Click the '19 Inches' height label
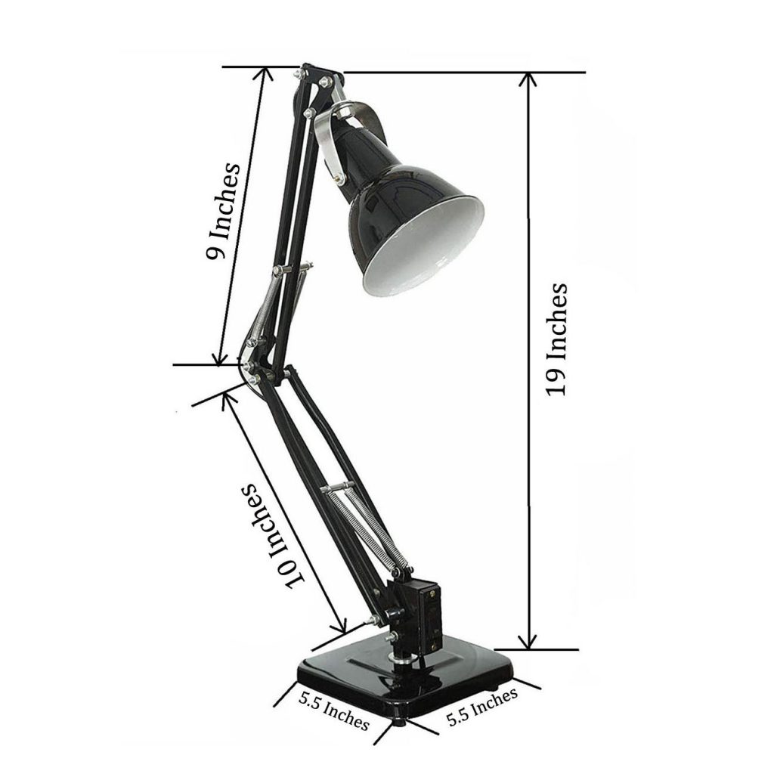[x=557, y=339]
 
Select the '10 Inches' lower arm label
[x=273, y=534]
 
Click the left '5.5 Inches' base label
[x=333, y=711]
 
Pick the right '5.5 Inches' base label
[x=481, y=706]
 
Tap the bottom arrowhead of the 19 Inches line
[x=530, y=642]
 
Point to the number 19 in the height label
[x=557, y=382]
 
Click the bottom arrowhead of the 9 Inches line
[x=220, y=358]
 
